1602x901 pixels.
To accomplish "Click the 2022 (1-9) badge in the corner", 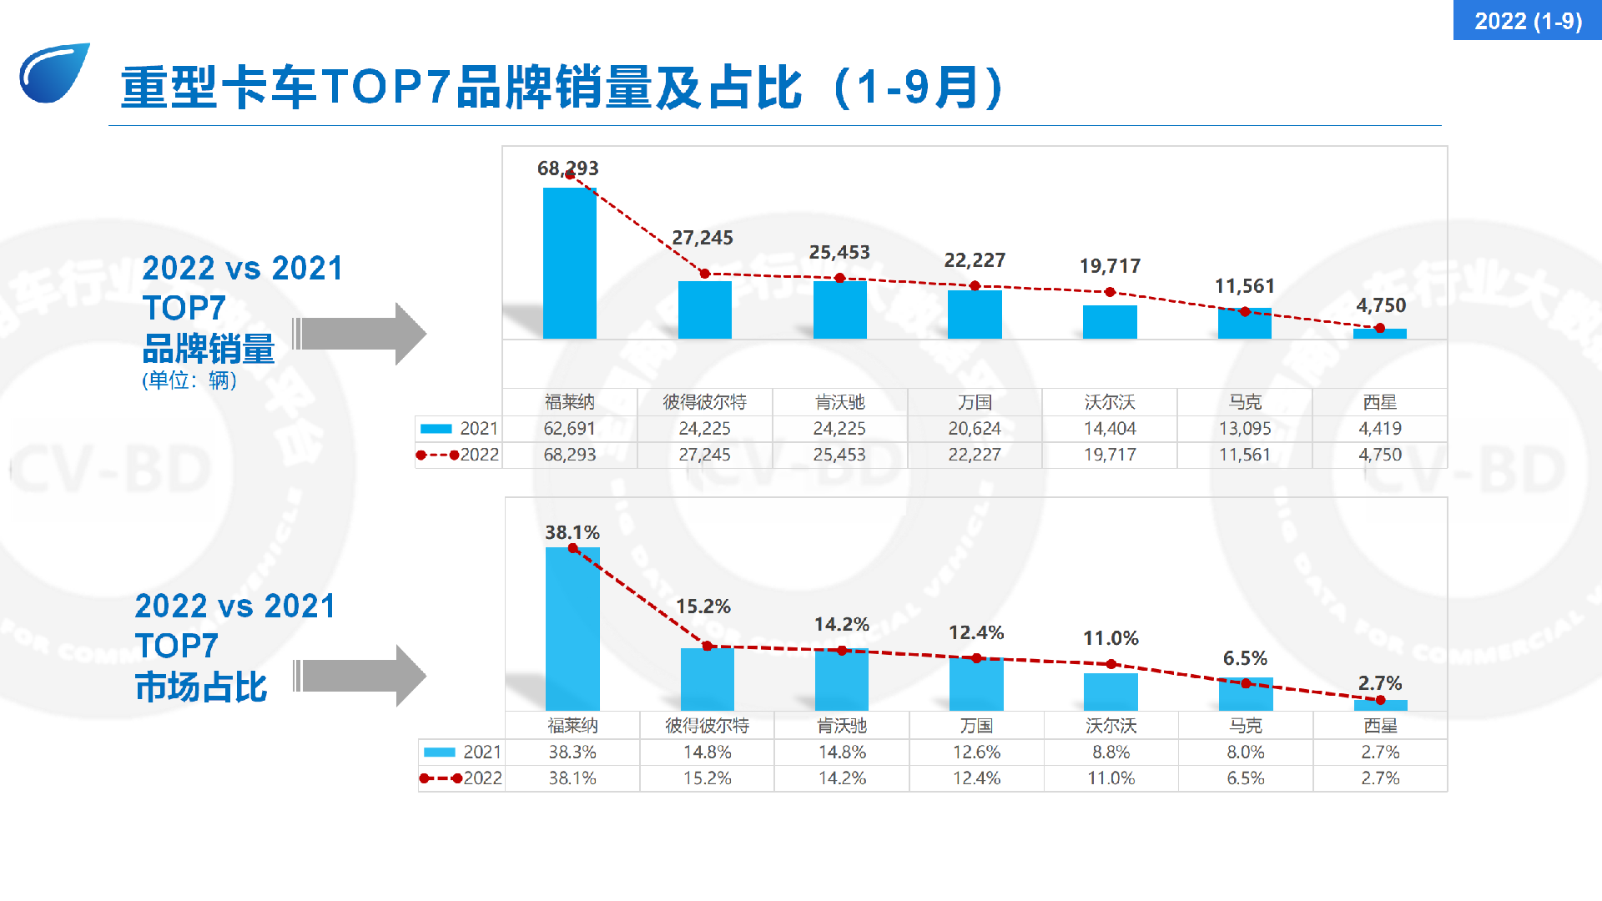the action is pos(1528,20).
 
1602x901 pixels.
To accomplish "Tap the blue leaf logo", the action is pos(54,73).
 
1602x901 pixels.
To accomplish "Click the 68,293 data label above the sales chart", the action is pos(568,169).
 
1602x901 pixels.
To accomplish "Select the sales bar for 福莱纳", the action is pos(570,263).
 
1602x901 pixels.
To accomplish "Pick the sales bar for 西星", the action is pos(1380,334).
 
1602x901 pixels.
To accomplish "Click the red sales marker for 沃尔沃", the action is pos(1110,292).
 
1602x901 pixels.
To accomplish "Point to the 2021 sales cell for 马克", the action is pos(1245,429).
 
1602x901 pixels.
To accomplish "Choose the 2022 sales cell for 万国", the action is pos(975,455).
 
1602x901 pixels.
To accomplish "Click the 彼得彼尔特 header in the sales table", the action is pos(705,402).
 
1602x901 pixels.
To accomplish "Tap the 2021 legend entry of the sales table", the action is pos(459,429).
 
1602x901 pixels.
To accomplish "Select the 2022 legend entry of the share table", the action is pos(461,778).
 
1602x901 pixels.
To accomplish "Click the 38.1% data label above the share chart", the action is pos(572,532).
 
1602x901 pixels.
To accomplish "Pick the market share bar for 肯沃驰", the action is pos(842,680).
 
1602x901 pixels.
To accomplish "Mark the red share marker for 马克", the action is pos(1246,683).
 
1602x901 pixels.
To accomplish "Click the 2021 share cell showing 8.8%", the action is pos(1111,753).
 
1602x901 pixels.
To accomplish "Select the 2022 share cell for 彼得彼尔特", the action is pos(708,778).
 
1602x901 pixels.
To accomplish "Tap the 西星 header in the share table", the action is pos(1381,726).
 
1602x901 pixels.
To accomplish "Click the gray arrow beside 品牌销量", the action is pos(360,334).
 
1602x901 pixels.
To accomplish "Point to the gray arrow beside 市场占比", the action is pos(360,676).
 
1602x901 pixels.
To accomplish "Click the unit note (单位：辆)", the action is pos(189,380).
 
